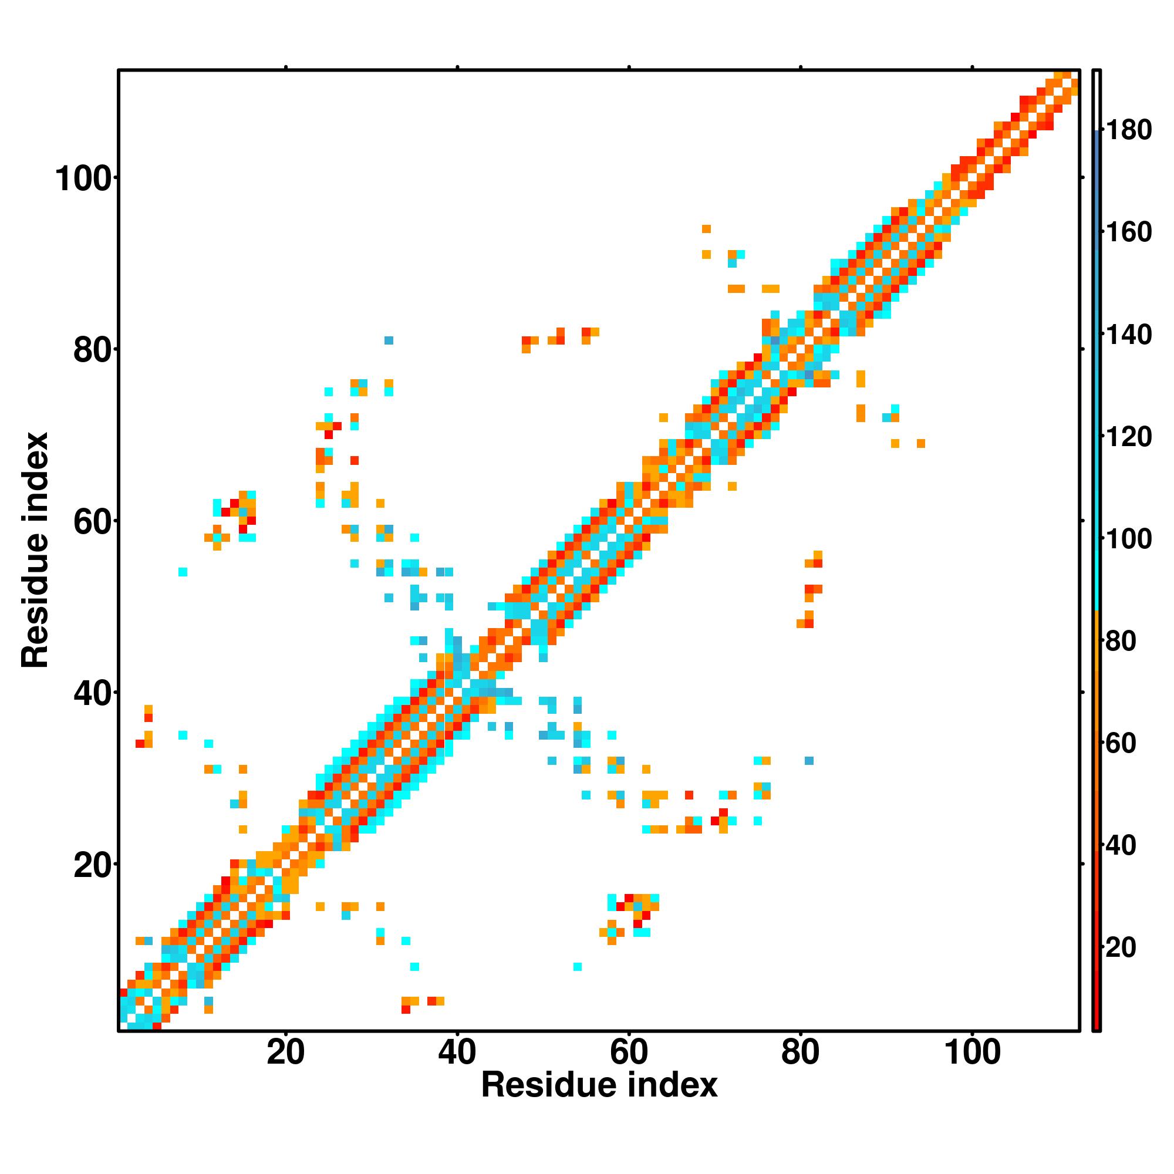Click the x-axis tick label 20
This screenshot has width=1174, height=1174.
(x=285, y=1053)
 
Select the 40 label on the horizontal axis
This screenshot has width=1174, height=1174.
(x=457, y=1053)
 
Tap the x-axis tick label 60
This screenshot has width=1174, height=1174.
(x=629, y=1053)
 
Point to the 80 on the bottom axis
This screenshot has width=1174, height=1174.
(x=800, y=1053)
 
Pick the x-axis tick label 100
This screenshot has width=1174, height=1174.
(x=971, y=1053)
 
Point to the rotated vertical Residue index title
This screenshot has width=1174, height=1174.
(x=35, y=550)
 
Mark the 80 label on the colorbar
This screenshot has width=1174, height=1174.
(x=1121, y=641)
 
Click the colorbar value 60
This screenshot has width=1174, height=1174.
(x=1121, y=743)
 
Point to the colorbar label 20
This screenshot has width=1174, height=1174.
(x=1121, y=948)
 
